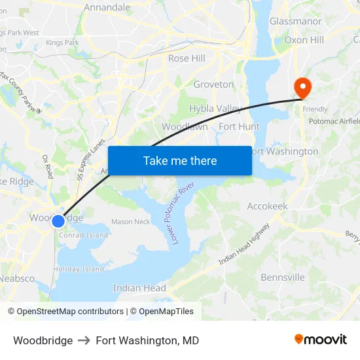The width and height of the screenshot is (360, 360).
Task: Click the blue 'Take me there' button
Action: click(x=180, y=160)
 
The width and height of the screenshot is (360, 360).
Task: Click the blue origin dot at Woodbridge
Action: click(x=58, y=221)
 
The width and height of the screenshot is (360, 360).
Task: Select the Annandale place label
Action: click(x=107, y=8)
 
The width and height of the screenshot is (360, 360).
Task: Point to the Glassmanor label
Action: click(x=296, y=21)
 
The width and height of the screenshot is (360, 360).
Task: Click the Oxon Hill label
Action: click(x=304, y=40)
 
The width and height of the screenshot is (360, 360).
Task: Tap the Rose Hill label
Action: click(x=187, y=58)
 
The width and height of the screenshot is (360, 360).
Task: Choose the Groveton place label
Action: click(x=213, y=84)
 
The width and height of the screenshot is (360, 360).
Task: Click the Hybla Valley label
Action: click(x=215, y=108)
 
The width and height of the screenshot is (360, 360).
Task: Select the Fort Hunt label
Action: click(x=239, y=126)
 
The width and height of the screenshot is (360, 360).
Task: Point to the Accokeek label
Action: click(x=267, y=206)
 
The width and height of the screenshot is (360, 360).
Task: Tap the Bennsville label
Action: click(x=283, y=278)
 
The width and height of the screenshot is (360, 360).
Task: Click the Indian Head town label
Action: click(x=139, y=288)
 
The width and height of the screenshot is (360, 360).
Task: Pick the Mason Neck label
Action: click(x=130, y=222)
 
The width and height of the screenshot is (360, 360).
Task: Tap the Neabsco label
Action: click(x=18, y=278)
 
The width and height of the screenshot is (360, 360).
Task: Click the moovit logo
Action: click(x=321, y=340)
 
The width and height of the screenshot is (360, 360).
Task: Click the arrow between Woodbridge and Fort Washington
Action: click(x=84, y=340)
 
